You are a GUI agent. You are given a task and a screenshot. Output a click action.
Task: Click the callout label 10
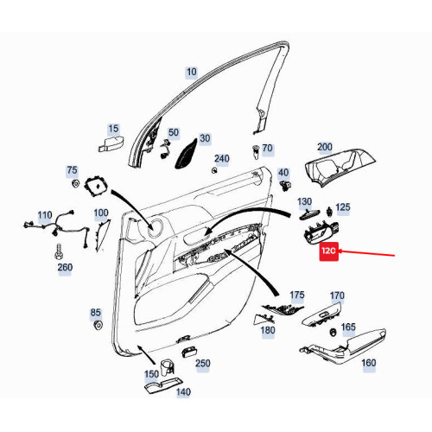coord(191,72)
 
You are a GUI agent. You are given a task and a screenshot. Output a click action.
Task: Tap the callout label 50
coord(174,132)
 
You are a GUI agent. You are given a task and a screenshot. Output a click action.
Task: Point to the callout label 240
coord(222,158)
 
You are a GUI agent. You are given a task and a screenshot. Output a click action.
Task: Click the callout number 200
coord(325,147)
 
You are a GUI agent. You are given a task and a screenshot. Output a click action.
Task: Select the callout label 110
coord(44,214)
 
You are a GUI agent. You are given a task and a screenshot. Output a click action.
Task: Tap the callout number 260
coord(65,267)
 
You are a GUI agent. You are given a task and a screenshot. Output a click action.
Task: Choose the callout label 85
coord(95,312)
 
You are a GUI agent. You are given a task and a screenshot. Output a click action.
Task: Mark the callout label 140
coord(182,391)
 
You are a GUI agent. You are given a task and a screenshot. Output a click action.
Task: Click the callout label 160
coord(368,364)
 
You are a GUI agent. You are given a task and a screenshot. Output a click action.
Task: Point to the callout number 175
coord(297,295)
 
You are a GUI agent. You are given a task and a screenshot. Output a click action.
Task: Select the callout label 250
coord(202,363)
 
